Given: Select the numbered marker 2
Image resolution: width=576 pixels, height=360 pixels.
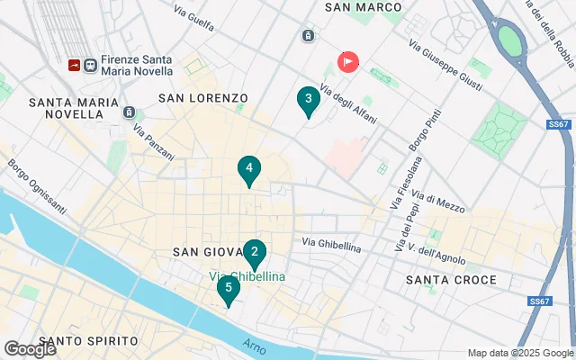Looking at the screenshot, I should point(255,253).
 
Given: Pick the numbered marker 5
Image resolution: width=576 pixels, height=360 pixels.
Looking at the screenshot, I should point(229,289).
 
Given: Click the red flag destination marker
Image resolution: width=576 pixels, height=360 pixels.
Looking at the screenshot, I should point(348,61).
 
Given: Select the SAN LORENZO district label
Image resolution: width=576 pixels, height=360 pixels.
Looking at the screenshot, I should point(202,97).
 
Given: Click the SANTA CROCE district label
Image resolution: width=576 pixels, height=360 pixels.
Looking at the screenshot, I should point(451,280).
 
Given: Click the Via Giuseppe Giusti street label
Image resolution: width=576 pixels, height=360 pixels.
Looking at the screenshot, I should point(446,65).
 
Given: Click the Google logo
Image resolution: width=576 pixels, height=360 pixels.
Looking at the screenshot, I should point(30,348).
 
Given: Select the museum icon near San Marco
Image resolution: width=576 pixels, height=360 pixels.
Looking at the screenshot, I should point(309,36).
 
